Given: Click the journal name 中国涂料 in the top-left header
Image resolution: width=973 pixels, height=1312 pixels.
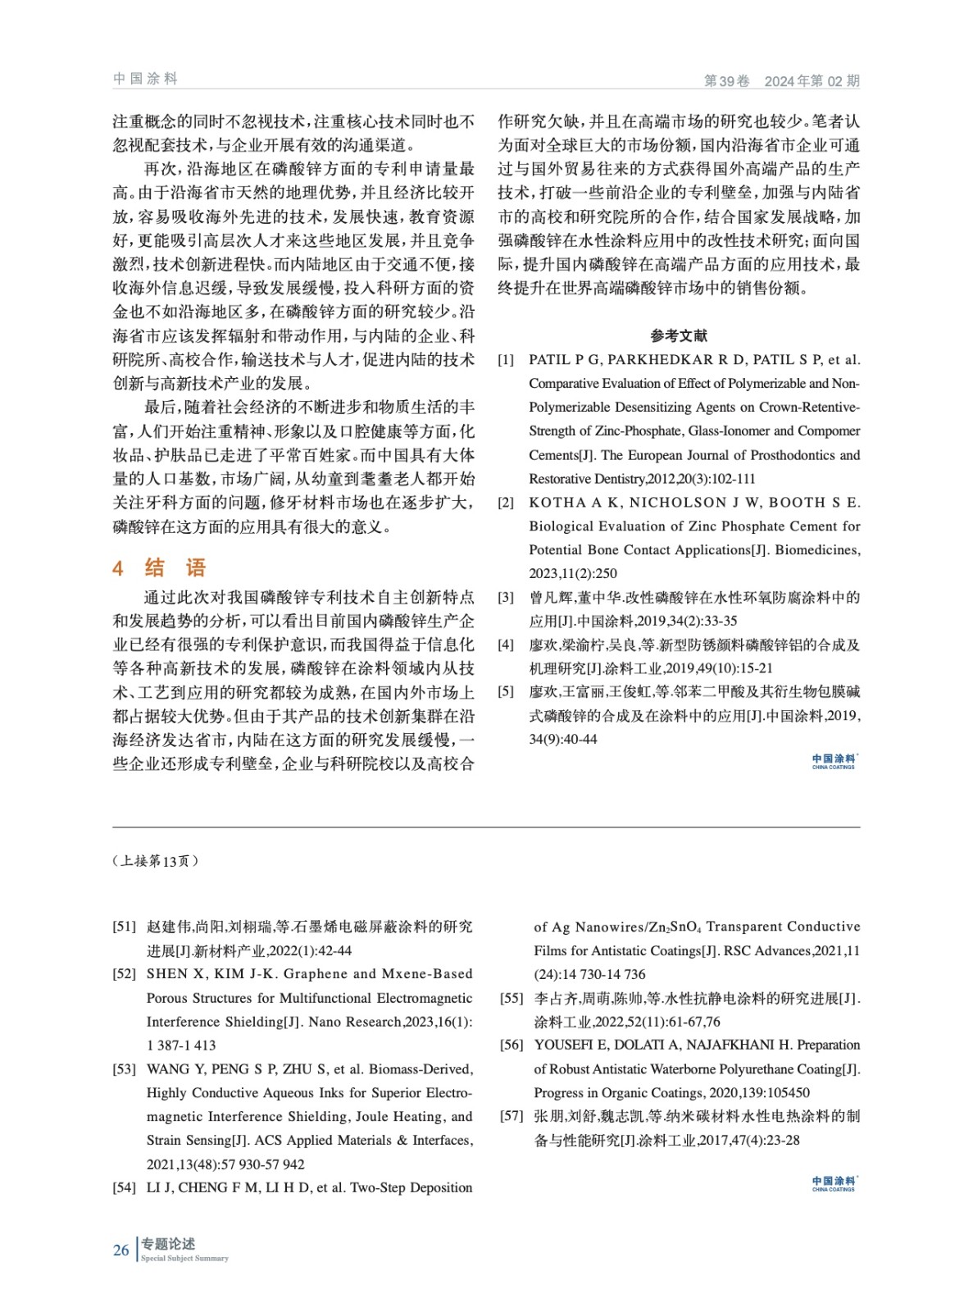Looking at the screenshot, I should pyautogui.click(x=145, y=79).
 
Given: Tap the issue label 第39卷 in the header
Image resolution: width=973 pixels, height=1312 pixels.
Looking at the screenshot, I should pyautogui.click(x=726, y=80).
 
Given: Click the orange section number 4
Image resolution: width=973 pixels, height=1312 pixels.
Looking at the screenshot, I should pyautogui.click(x=118, y=568).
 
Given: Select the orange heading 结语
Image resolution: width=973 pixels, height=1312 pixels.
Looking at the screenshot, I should pyautogui.click(x=175, y=567).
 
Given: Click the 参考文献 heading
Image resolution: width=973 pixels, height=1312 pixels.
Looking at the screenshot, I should pyautogui.click(x=679, y=335).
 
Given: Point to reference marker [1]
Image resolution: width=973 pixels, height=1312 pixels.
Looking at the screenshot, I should pyautogui.click(x=506, y=359).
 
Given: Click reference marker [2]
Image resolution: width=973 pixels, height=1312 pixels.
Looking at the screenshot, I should pyautogui.click(x=506, y=503).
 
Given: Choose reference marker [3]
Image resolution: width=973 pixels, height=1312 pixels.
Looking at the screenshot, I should pyautogui.click(x=506, y=598).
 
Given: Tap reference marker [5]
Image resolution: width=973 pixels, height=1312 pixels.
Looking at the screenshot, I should pyautogui.click(x=506, y=692).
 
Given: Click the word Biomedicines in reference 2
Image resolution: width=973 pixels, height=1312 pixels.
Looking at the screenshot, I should pyautogui.click(x=816, y=549).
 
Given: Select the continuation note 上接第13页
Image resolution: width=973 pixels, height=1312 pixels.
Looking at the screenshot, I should pyautogui.click(x=155, y=861).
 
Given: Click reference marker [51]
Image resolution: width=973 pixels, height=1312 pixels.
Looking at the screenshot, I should pyautogui.click(x=125, y=927).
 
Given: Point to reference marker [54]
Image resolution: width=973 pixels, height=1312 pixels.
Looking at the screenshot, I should pyautogui.click(x=125, y=1187).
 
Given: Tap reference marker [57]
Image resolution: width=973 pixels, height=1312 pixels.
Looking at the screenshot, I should pyautogui.click(x=512, y=1116).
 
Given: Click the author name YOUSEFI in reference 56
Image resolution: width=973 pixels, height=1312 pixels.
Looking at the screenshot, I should pyautogui.click(x=563, y=1045).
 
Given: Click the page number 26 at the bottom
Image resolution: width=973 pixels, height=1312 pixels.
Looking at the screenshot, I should pyautogui.click(x=120, y=1250).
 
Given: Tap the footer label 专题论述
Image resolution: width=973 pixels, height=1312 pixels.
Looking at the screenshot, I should pyautogui.click(x=167, y=1244).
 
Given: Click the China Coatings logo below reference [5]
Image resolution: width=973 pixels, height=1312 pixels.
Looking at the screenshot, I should pyautogui.click(x=833, y=761).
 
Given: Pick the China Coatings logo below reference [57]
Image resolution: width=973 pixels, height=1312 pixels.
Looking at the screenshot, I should pyautogui.click(x=833, y=1183).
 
